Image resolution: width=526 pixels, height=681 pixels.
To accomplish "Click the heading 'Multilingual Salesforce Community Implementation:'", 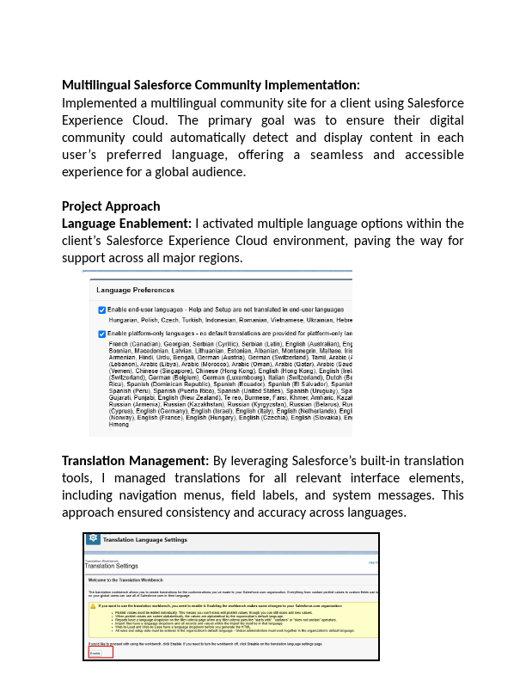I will (211, 85).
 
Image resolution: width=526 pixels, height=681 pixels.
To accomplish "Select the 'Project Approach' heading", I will (111, 206).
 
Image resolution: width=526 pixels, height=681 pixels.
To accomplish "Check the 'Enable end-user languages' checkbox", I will (102, 309).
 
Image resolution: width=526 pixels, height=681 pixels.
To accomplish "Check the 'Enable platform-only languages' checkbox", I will (102, 334).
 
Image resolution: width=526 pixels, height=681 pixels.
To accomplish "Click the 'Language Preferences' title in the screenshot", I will (135, 291).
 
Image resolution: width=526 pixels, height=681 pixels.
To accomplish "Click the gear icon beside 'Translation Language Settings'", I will (92, 539).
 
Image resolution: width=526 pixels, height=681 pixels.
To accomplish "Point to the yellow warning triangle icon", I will (94, 605).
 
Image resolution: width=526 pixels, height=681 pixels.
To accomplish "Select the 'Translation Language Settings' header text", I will (144, 540).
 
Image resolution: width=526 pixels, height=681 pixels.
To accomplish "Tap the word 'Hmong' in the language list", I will (119, 425).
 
